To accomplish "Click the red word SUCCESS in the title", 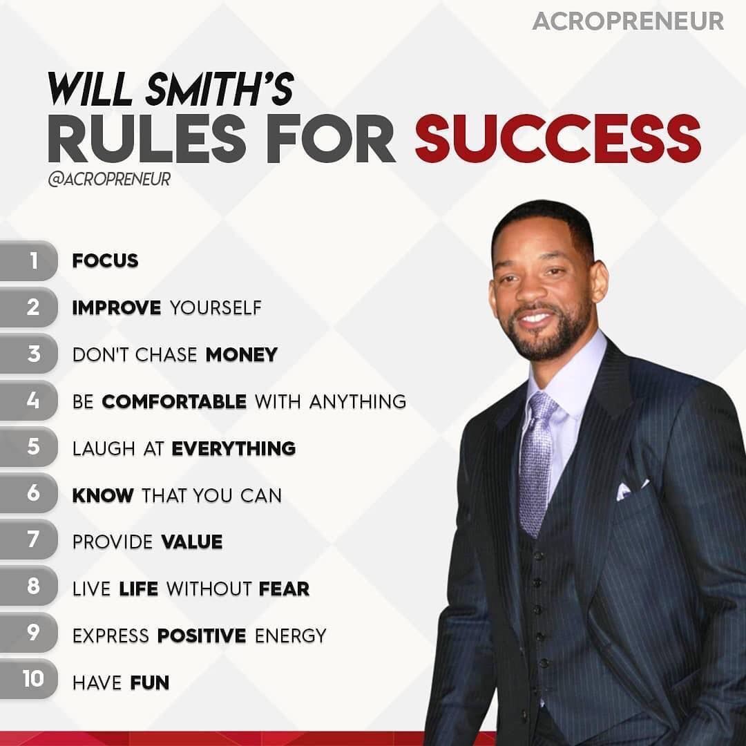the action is pos(557,138).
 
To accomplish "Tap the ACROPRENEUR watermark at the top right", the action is pos(628,21).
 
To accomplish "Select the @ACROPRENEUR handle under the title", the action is pos(109,180).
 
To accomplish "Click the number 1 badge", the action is pos(28,260).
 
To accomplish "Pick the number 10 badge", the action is pos(28,679).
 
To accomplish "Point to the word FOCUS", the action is pos(105,260).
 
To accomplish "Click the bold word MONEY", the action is pos(242,355).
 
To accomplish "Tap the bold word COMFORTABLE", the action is pos(174,401).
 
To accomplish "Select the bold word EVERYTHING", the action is pos(233,449).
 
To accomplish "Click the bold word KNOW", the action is pos(103,495).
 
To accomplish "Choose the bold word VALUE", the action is pos(192,542).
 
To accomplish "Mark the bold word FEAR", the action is pos(284,589).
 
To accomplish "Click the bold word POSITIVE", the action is pos(202,635).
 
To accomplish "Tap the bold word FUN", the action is pos(150,682).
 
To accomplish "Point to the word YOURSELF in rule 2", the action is pos(216,308).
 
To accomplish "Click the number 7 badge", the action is pos(28,539).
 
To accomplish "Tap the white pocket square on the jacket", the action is pos(632,490).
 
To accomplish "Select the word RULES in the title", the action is pos(147,138).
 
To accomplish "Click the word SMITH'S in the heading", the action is pos(220,89).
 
